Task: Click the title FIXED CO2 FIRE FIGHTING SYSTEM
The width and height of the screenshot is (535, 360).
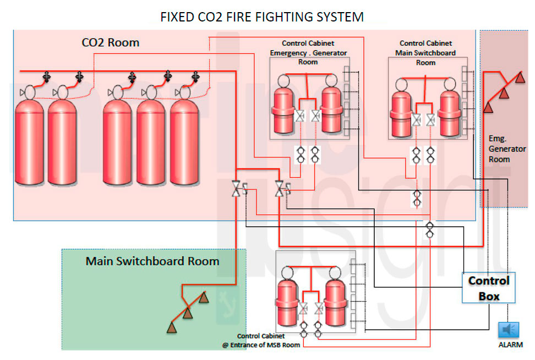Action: click(261, 17)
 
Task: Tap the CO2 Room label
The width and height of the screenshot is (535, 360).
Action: click(110, 42)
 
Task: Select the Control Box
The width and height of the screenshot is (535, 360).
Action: click(489, 288)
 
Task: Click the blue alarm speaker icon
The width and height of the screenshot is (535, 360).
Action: click(508, 330)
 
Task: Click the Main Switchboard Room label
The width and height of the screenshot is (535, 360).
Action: click(152, 261)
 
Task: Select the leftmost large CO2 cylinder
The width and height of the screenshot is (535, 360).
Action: click(29, 140)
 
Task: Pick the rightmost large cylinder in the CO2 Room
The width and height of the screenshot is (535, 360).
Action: click(184, 140)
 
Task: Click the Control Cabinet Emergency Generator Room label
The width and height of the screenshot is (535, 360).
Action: click(308, 52)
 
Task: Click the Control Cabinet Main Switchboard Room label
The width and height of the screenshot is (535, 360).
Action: click(425, 52)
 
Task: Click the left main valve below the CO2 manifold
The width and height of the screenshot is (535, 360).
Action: click(236, 189)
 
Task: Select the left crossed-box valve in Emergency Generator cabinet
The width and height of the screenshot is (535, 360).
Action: click(301, 116)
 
